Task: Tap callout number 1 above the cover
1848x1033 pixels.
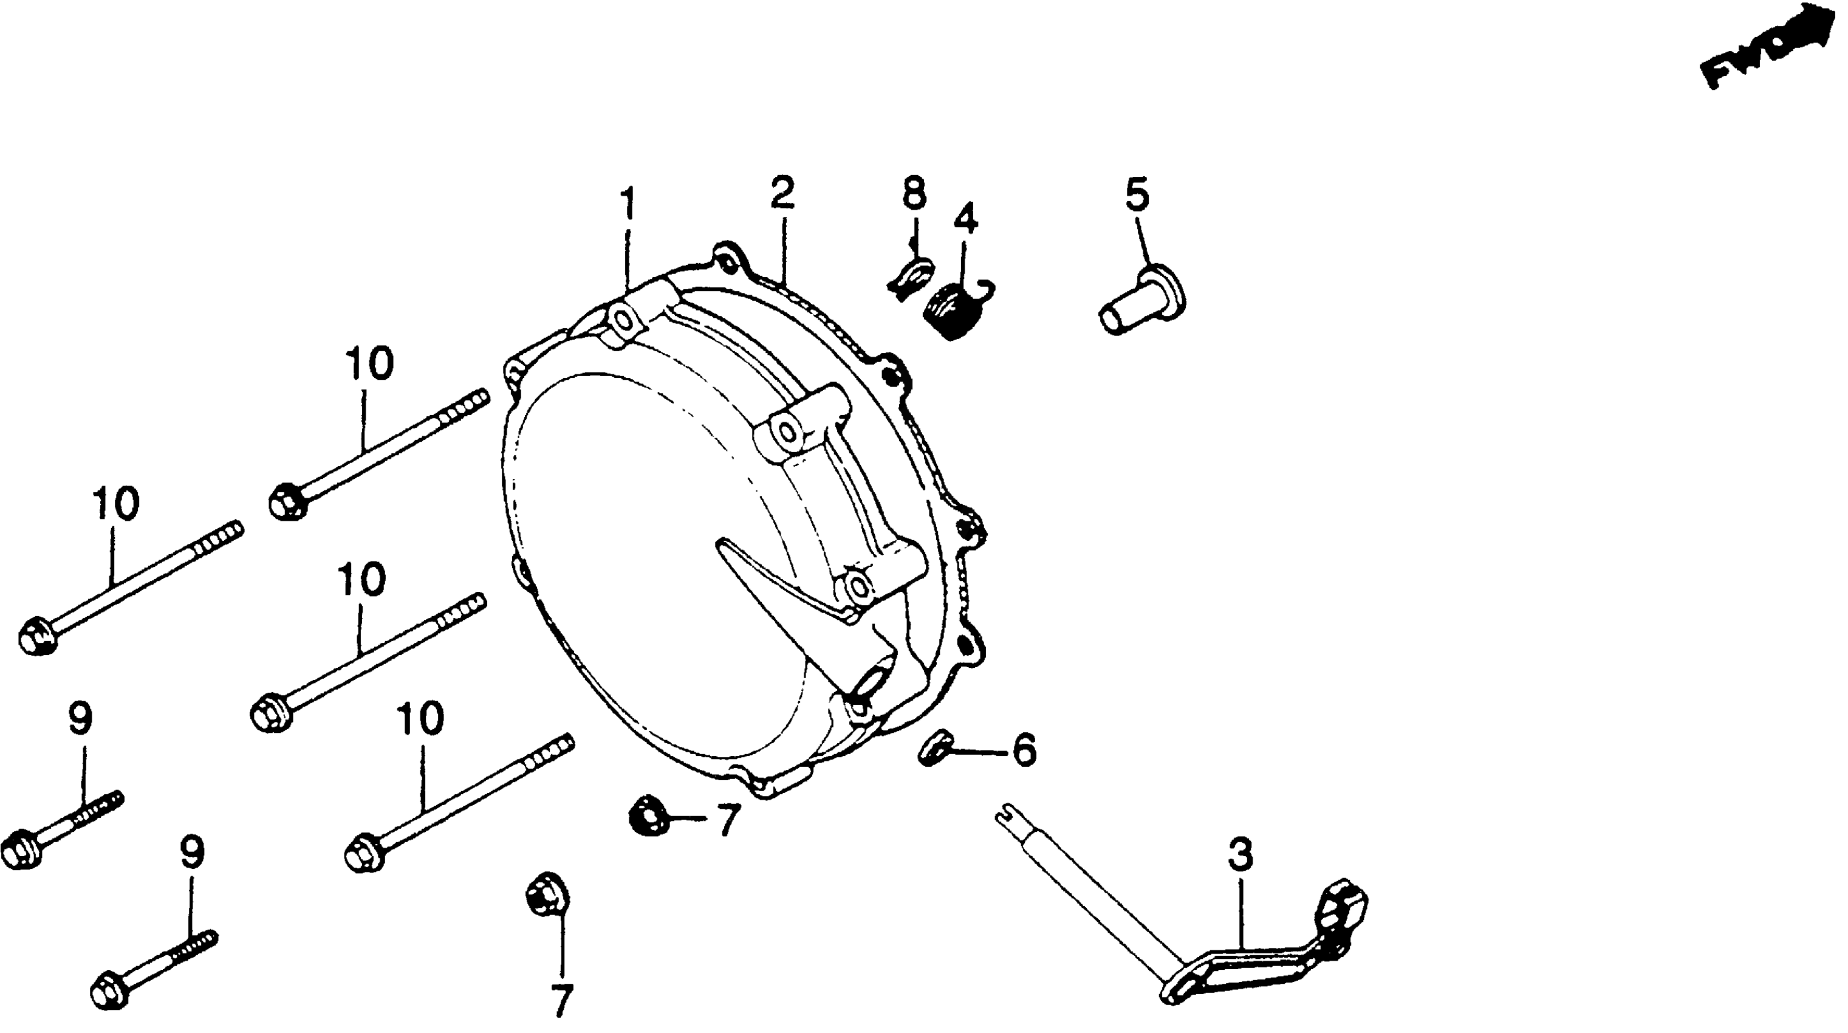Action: click(628, 204)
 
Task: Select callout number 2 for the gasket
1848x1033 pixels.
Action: click(782, 194)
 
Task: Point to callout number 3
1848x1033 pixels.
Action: click(1240, 855)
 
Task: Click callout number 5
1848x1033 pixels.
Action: click(1137, 194)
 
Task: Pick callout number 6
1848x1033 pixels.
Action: click(1024, 750)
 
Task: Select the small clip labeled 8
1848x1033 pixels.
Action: click(909, 277)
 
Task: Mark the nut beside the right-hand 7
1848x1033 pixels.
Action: click(647, 815)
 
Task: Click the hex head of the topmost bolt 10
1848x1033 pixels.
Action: click(288, 500)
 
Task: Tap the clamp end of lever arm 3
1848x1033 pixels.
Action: click(1341, 905)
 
